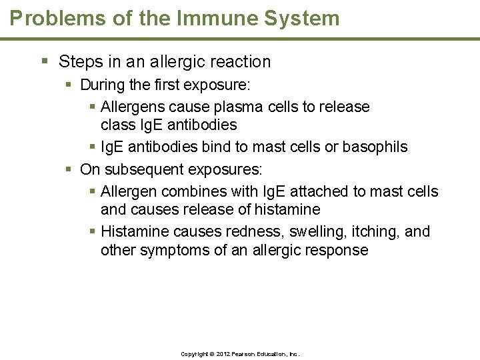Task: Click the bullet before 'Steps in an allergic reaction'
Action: click(x=44, y=61)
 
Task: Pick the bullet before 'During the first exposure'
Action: click(x=69, y=85)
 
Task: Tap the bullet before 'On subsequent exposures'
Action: click(x=69, y=169)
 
